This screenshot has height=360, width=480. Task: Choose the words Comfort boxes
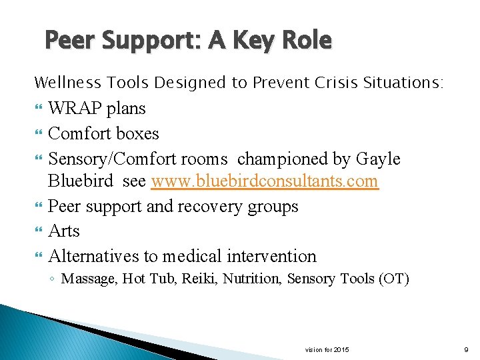[x=103, y=133]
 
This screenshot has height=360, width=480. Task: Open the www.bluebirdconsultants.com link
[x=265, y=181]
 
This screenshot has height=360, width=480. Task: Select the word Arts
[x=64, y=231]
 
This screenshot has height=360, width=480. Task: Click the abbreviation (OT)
[x=393, y=279]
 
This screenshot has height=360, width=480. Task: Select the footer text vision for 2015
[x=327, y=350]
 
